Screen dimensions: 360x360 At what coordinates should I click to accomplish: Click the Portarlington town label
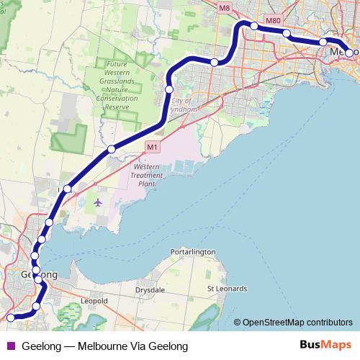[x=194, y=252]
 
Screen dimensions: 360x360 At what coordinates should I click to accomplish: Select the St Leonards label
[x=227, y=289]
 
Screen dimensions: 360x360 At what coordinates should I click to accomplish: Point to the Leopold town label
[x=94, y=300]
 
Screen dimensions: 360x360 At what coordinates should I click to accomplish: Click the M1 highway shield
[x=151, y=147]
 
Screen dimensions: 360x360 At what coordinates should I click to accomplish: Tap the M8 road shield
[x=225, y=8]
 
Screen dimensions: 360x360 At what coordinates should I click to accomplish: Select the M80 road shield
[x=273, y=20]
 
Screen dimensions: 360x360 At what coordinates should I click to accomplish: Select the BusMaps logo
[x=326, y=346]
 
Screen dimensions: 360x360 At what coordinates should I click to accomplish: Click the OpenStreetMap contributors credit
[x=297, y=323]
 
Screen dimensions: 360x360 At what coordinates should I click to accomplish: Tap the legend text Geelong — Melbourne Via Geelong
[x=105, y=346]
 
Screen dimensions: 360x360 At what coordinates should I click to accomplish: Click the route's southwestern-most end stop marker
[x=10, y=317]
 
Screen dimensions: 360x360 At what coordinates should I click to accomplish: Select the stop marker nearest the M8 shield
[x=254, y=26]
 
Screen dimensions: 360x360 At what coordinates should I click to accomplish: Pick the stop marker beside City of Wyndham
[x=169, y=89]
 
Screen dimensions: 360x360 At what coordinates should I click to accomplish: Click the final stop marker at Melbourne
[x=349, y=53]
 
